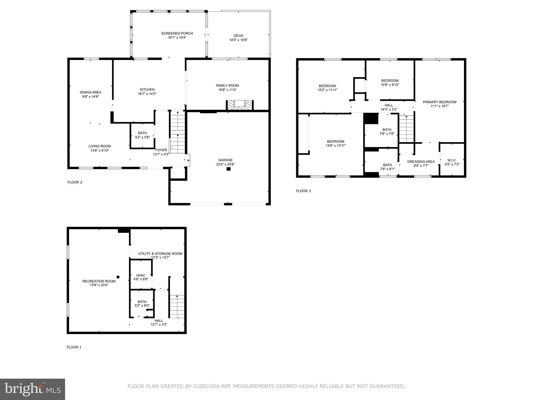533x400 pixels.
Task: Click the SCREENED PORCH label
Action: tap(177, 33)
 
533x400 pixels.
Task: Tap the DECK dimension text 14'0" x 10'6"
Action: tap(238, 40)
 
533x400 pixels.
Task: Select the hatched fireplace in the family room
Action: tap(239, 105)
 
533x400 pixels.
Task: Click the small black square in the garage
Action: tap(229, 169)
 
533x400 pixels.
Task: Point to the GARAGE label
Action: tap(225, 160)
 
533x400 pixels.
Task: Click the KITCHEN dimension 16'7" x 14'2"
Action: tap(147, 94)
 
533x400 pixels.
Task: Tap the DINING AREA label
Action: tap(91, 92)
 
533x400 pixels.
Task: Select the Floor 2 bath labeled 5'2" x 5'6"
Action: tap(142, 135)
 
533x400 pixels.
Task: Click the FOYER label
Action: tap(161, 150)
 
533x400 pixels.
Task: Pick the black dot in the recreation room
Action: tap(118, 277)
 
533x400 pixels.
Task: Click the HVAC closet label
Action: tap(141, 275)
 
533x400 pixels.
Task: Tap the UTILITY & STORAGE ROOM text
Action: tap(160, 253)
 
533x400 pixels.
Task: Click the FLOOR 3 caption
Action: tap(303, 191)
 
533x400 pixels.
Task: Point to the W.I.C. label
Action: tap(452, 160)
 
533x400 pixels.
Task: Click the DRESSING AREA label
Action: tap(421, 162)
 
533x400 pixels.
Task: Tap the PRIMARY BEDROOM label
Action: tap(439, 102)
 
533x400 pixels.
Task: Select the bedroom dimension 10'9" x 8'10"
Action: tap(390, 85)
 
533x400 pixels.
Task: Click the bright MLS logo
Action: tap(33, 389)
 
